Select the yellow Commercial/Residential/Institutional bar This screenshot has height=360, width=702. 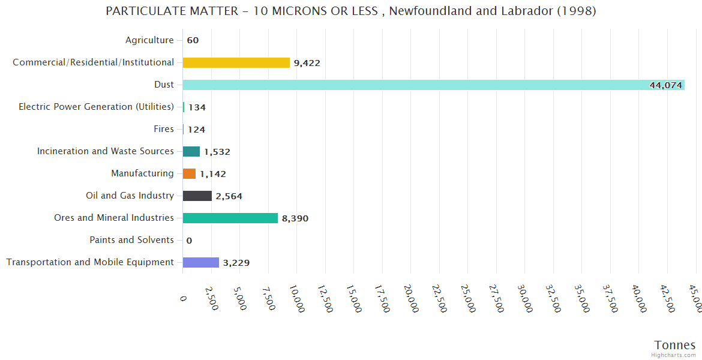tap(236, 62)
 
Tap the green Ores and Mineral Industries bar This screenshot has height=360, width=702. tap(230, 218)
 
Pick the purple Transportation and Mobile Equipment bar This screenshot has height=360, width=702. tap(200, 262)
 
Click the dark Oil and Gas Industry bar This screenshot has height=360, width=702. tap(197, 196)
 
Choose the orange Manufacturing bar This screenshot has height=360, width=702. tap(189, 173)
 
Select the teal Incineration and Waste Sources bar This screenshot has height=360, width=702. tap(191, 151)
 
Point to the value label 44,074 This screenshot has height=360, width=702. tap(665, 85)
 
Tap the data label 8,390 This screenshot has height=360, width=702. tap(295, 218)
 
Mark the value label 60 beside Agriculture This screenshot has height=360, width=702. tap(193, 41)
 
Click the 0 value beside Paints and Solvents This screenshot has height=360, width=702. tap(189, 241)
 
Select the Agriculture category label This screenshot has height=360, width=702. tap(149, 40)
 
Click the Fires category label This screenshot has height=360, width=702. tap(164, 129)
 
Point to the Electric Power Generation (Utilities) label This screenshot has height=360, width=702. tap(96, 107)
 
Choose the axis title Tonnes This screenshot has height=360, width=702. tap(675, 344)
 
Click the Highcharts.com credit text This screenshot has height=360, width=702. tap(674, 355)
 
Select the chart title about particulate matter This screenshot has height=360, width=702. tap(351, 11)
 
